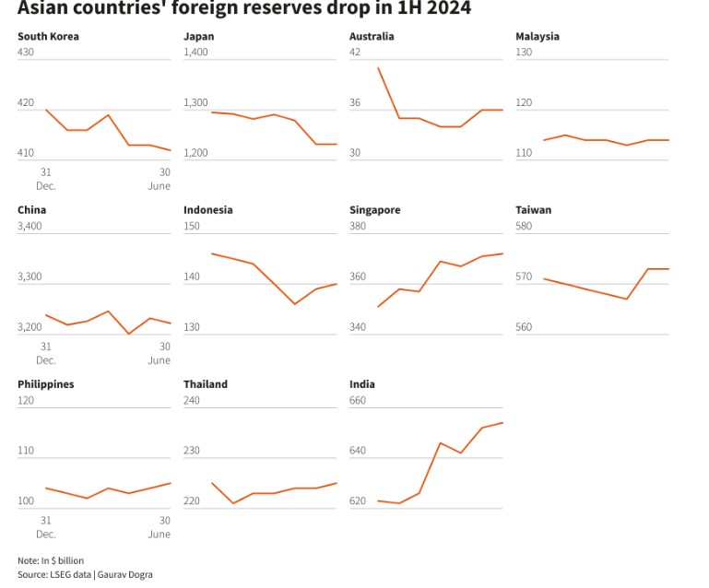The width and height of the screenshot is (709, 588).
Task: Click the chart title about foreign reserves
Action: tap(243, 10)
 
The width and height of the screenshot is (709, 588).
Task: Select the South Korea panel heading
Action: tap(48, 37)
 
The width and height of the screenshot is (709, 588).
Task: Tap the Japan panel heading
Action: tap(199, 37)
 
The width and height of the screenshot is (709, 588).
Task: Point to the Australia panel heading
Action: tap(372, 37)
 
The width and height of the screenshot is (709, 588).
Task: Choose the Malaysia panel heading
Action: tap(538, 37)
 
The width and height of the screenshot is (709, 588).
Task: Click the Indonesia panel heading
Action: tap(208, 210)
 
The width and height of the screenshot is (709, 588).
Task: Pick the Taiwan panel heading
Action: tap(533, 210)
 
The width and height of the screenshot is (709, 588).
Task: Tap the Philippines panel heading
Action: tap(45, 384)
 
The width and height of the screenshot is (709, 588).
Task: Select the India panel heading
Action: tap(362, 384)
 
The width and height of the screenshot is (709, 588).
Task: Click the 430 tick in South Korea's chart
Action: tap(26, 53)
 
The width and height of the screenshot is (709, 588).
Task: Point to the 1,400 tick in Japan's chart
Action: tap(196, 53)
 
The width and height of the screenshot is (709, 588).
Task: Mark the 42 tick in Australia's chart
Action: tap(355, 53)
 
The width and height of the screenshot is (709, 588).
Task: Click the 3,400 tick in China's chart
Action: tap(30, 226)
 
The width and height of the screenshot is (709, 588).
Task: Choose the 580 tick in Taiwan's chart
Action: tap(524, 226)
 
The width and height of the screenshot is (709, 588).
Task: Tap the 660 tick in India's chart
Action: tap(358, 400)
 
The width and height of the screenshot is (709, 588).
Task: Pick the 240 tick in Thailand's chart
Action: tap(192, 400)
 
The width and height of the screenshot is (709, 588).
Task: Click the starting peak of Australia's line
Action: tap(378, 67)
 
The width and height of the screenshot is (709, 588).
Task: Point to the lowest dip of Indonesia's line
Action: tap(294, 304)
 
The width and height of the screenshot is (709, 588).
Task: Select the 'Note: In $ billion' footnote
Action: tap(51, 560)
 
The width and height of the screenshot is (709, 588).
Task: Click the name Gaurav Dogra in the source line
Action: tap(124, 574)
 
